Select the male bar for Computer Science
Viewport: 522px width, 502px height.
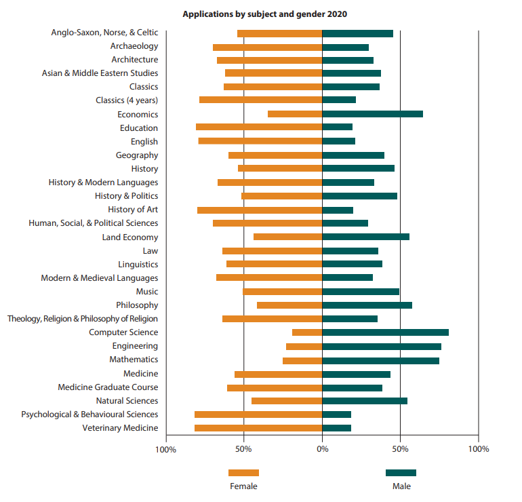coord(385,332)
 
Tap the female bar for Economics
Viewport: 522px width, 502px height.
coord(295,114)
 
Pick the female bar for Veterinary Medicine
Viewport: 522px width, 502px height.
coord(258,428)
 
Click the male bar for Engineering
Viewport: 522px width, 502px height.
coord(382,346)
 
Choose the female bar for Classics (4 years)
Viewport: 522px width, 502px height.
coord(261,100)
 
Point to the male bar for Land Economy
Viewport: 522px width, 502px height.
coord(365,237)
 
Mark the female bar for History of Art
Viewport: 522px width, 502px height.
coord(260,210)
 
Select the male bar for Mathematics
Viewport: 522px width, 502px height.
coord(380,360)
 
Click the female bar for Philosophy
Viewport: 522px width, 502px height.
coord(289,305)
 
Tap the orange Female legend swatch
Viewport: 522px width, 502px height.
coord(243,473)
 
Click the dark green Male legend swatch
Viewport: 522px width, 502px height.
coord(401,473)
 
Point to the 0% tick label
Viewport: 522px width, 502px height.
coord(322,449)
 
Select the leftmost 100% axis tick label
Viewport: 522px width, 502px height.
coord(166,449)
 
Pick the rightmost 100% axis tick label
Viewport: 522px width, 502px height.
coord(478,449)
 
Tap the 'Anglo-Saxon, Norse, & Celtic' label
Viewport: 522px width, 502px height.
coord(104,33)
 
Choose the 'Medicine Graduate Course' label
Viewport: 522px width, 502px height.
coord(108,387)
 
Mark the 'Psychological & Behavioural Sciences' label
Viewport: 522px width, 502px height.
coord(89,414)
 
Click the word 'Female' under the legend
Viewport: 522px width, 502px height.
coord(243,486)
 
